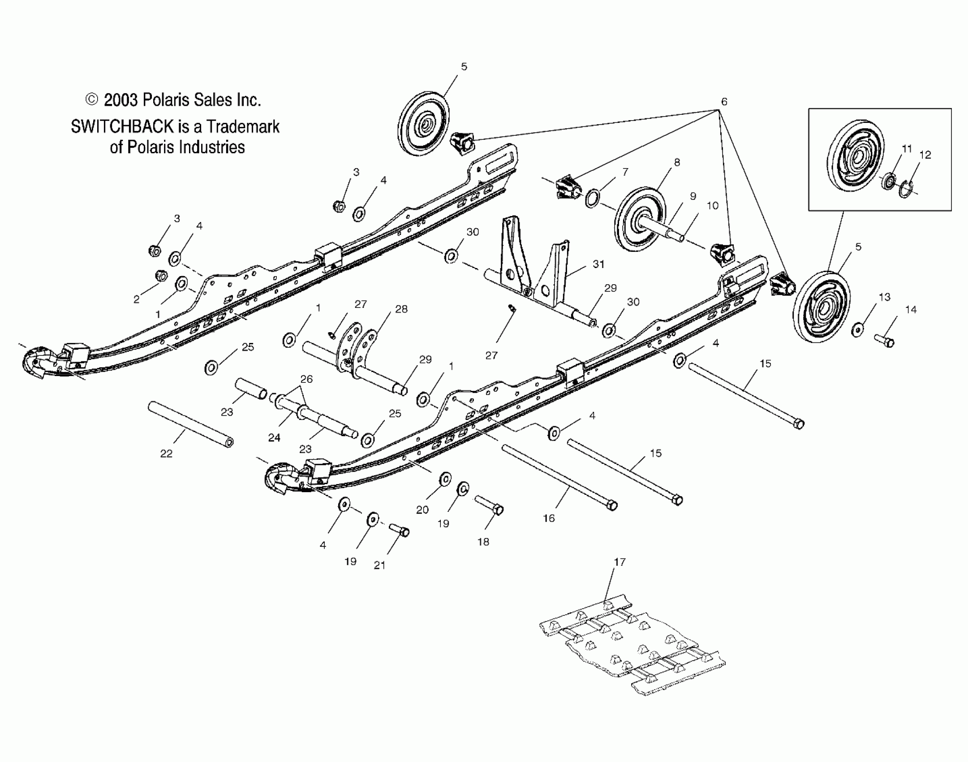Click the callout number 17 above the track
tap(620, 562)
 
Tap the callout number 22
tap(166, 454)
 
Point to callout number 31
tap(598, 264)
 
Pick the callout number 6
tap(724, 102)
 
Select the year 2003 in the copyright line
tap(121, 100)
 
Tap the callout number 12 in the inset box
tap(925, 155)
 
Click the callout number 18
tap(483, 542)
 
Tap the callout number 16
tap(549, 518)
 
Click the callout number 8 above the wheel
tap(677, 162)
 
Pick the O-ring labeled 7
tap(593, 198)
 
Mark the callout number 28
tap(401, 309)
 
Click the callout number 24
tap(274, 437)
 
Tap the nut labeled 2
tap(161, 275)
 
